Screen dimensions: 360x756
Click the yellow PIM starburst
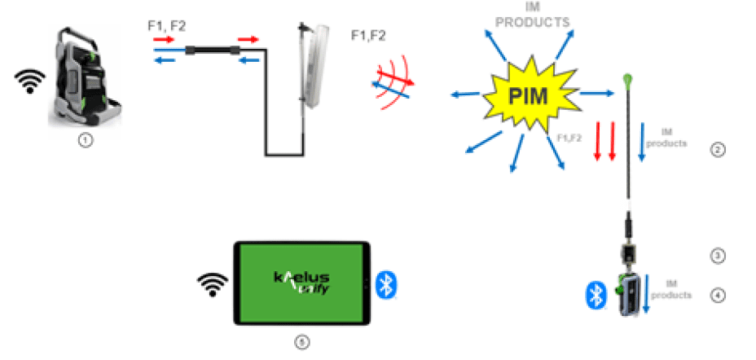534,96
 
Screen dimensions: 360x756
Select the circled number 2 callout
718,150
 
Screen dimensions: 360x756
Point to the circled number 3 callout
718,256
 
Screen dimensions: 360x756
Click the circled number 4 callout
718,295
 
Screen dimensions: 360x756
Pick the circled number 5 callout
302,342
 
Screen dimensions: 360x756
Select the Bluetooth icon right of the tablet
385,283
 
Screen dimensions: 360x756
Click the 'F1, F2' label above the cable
166,26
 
